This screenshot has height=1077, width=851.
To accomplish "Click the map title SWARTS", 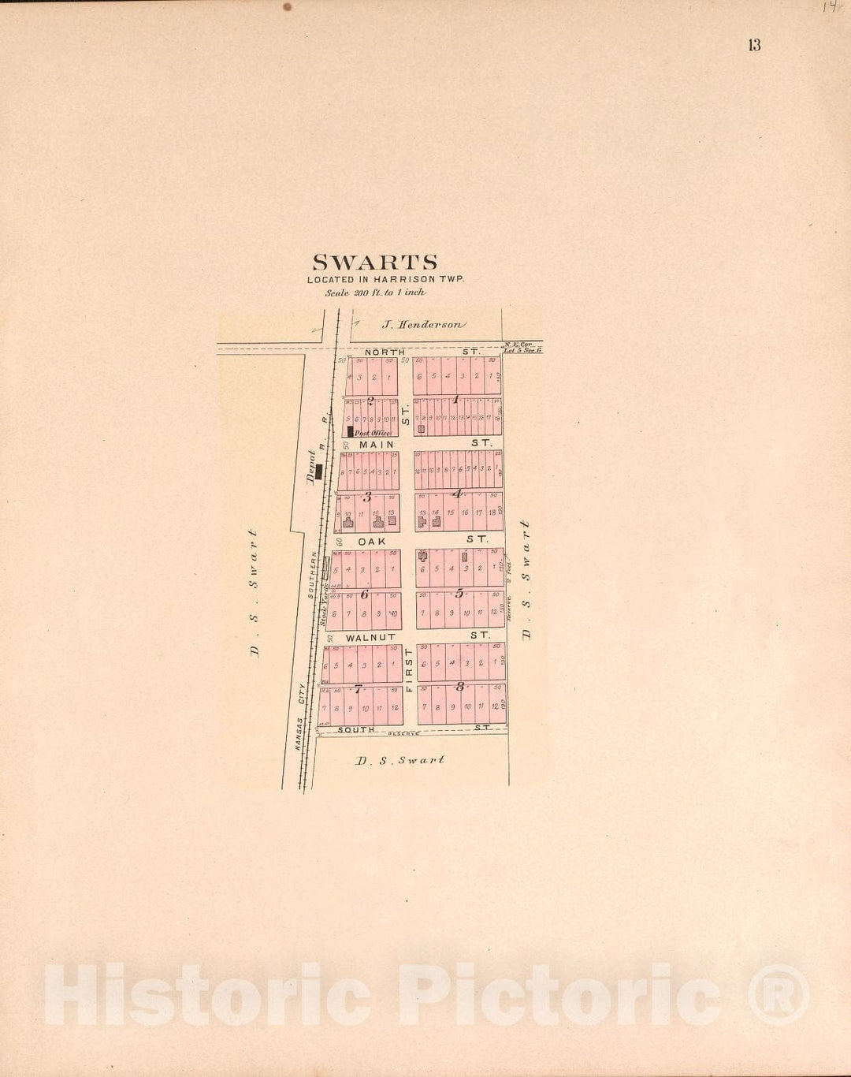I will click(374, 263).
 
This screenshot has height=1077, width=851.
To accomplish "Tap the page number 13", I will click(754, 45).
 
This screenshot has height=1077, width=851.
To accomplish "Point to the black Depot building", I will click(319, 471).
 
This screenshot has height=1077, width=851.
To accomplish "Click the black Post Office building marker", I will click(350, 431).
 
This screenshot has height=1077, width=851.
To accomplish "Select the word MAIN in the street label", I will click(377, 445).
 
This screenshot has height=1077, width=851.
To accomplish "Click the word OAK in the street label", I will click(372, 542).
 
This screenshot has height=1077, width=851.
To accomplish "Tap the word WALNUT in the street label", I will click(370, 637).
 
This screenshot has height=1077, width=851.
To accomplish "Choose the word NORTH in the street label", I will click(385, 352).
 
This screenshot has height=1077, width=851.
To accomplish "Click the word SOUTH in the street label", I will click(356, 730).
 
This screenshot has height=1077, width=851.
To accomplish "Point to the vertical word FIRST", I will click(408, 670).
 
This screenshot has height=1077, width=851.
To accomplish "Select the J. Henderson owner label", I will click(423, 324).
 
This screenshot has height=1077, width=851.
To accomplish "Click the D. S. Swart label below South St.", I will click(399, 760).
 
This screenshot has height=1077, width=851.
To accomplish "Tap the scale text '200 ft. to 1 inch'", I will click(375, 293).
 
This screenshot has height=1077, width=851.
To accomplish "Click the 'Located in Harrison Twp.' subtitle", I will click(385, 279).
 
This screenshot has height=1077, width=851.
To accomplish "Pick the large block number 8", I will click(459, 686).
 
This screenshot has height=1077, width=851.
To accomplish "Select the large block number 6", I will click(364, 594).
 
